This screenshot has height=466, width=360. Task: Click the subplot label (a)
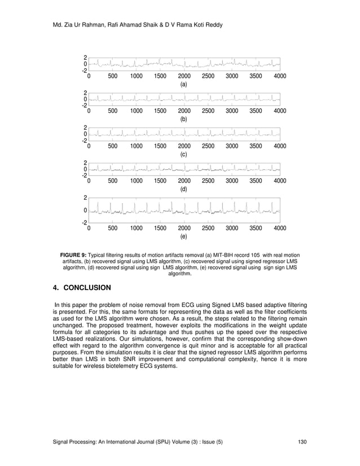coord(183,85)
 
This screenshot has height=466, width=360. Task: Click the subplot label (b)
coord(183,120)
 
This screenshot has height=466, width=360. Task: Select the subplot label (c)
coord(183,155)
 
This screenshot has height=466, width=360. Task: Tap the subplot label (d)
coord(183,190)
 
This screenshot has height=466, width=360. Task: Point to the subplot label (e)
coord(183,237)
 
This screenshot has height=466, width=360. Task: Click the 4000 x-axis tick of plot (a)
coord(279,76)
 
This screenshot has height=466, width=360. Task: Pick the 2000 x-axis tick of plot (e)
coord(184,228)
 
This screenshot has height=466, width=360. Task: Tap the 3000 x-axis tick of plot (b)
coord(231,111)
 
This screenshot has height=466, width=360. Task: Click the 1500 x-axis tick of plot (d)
coord(160,181)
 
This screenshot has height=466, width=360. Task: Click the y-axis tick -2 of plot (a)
coord(84,71)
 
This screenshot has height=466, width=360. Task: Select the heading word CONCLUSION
coord(87,288)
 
